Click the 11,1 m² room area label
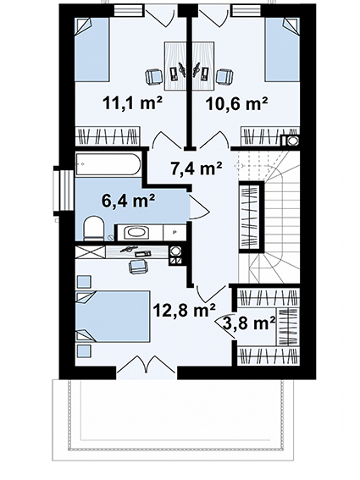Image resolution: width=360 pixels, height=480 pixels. (133, 103)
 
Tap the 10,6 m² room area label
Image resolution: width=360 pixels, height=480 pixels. (237, 104)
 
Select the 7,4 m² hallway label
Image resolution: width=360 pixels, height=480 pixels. (197, 168)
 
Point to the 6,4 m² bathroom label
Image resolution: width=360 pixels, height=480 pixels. (129, 201)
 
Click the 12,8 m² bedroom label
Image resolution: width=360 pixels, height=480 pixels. (185, 310)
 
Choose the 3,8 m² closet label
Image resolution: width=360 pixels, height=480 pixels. (249, 323)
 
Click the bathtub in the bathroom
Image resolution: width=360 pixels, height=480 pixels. (108, 164)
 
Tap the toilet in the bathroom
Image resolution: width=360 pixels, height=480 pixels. (94, 228)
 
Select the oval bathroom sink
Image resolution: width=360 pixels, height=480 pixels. (137, 232)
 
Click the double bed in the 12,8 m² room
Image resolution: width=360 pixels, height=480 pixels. (113, 317)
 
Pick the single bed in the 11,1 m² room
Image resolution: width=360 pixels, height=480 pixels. (92, 50)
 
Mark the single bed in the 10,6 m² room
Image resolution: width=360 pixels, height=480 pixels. (282, 50)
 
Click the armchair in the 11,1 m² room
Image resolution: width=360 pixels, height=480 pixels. (153, 76)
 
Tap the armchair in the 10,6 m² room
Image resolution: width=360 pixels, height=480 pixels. (225, 76)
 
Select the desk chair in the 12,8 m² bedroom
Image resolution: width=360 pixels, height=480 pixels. (138, 267)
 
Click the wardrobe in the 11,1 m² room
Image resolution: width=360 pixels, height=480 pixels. (108, 136)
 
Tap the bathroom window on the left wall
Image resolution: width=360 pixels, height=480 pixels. (64, 189)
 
